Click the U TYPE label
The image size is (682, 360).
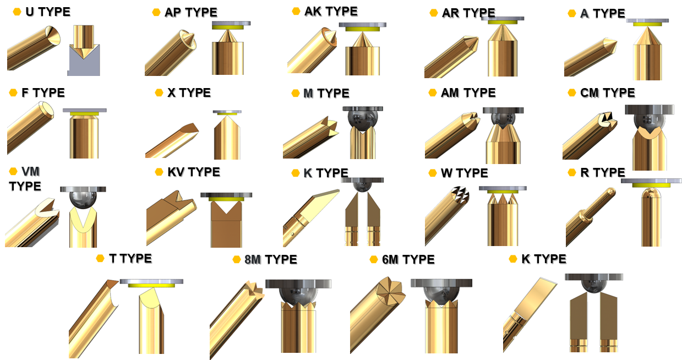[x=48, y=12]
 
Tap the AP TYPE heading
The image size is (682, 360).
[x=191, y=13]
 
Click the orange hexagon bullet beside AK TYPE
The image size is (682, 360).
[x=296, y=11]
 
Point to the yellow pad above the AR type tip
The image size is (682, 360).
[x=503, y=22]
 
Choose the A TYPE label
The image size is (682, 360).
[x=603, y=13]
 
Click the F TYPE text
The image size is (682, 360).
[x=43, y=92]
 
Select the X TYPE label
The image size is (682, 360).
[x=189, y=92]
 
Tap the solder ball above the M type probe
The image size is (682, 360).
[x=362, y=121]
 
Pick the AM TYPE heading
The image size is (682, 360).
[x=468, y=92]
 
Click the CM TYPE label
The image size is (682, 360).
[x=608, y=92]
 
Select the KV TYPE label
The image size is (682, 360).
[x=194, y=172]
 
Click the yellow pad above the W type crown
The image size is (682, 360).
[x=503, y=192]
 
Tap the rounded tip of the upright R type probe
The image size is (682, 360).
[x=651, y=193]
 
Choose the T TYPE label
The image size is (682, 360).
[x=130, y=259]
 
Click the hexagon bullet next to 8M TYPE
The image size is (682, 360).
[x=237, y=259]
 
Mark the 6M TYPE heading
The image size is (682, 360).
[x=408, y=259]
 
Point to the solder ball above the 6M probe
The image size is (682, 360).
[x=441, y=296]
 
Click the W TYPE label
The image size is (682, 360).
[x=465, y=173]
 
